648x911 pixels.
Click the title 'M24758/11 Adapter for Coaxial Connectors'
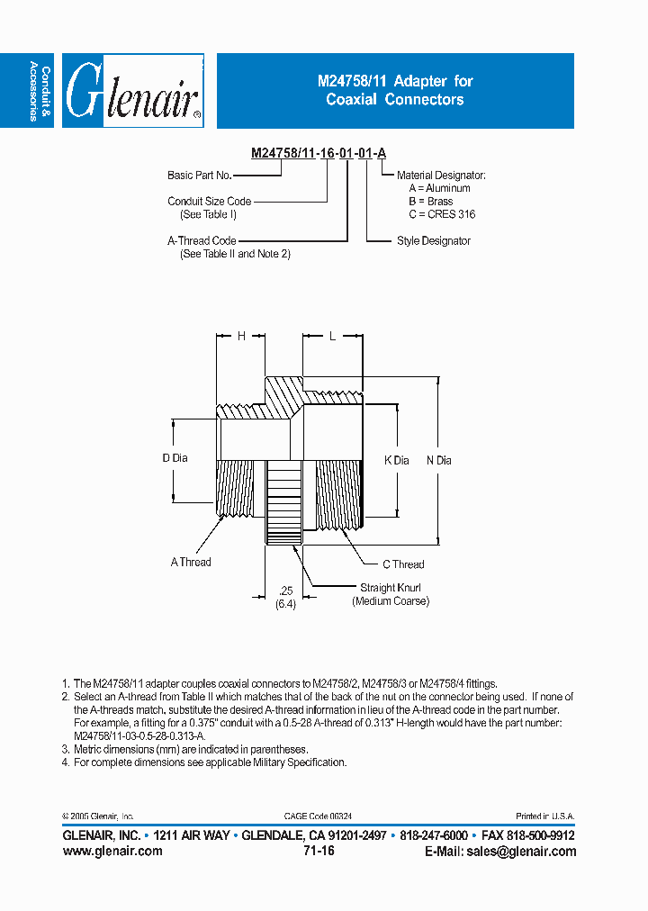[395, 90]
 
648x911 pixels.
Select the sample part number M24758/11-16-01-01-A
[319, 153]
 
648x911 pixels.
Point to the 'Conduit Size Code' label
[209, 202]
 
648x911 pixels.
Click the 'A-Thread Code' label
[202, 241]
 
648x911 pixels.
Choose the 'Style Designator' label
[433, 241]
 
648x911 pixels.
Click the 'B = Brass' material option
[430, 202]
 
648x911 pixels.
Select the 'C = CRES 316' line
[441, 214]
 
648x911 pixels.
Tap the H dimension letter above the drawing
[240, 336]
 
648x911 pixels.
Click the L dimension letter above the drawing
[332, 336]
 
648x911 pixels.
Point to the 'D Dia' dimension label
[175, 458]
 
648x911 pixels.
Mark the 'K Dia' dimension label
[396, 460]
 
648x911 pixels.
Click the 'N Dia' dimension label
[438, 460]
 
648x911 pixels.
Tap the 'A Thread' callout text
[191, 562]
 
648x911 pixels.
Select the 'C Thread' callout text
[402, 564]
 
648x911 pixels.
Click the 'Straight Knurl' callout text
[391, 588]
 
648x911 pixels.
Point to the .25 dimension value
[285, 591]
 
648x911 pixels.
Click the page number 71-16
[319, 851]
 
